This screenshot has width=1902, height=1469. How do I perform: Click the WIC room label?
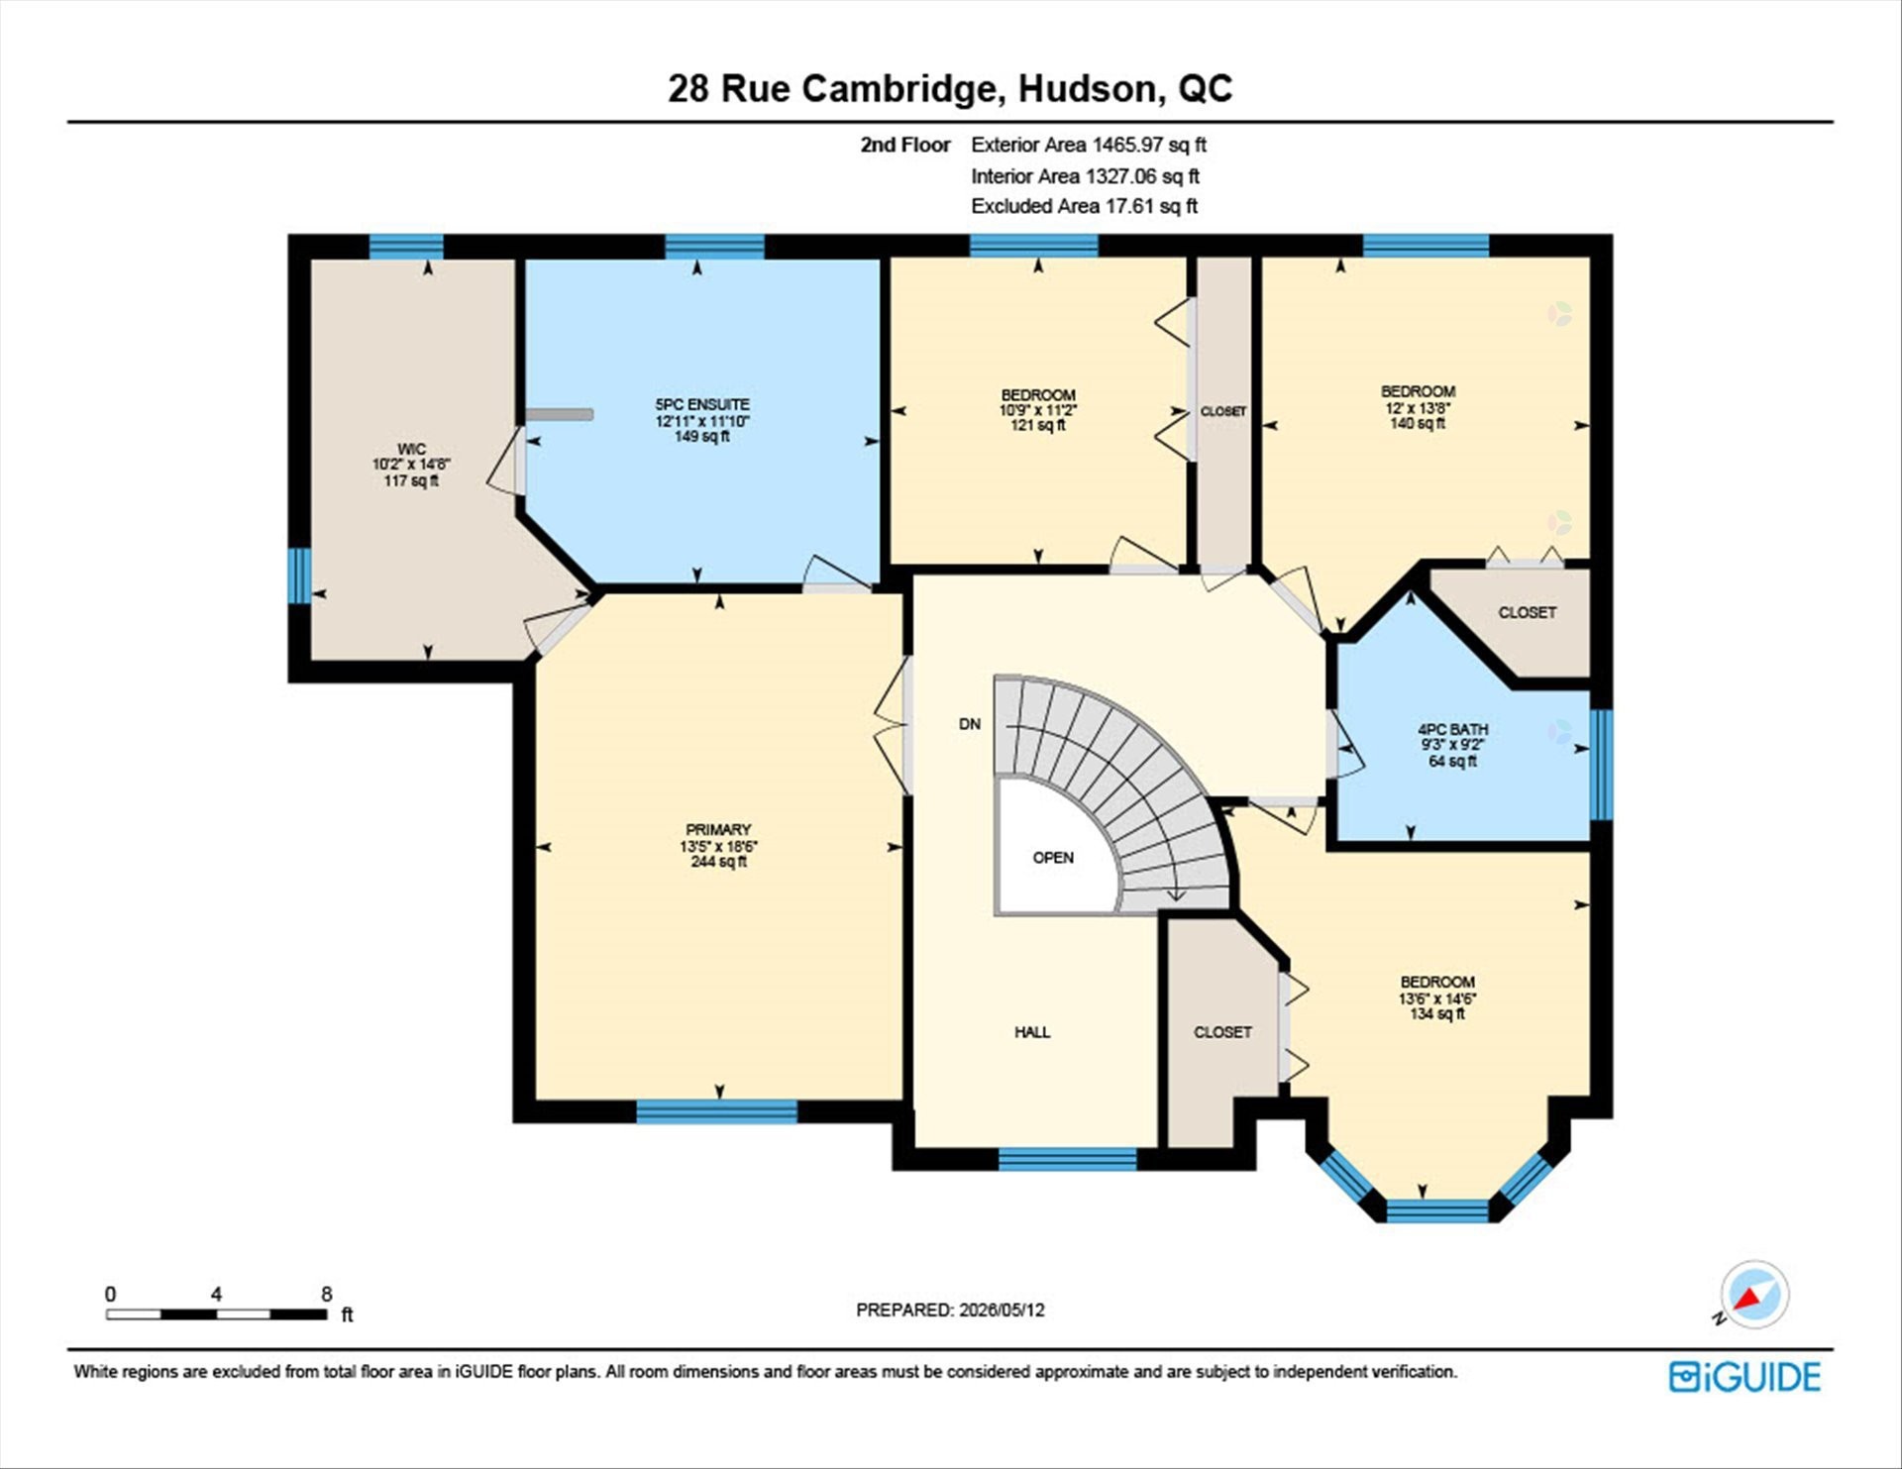411,449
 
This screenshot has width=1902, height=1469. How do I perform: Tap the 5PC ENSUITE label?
701,404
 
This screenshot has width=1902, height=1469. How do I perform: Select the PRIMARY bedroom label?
718,829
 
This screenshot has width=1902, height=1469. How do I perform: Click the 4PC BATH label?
1452,729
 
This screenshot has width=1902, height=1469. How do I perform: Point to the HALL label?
1032,1032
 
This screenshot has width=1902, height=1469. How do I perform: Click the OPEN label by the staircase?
1053,858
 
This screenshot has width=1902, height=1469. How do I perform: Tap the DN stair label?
970,724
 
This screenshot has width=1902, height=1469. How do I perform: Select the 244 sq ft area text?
718,862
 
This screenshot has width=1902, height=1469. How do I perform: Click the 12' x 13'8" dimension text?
1418,407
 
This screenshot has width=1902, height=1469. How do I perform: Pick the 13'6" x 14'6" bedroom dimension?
1437,998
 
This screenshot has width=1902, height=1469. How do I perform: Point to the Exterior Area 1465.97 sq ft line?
1089,145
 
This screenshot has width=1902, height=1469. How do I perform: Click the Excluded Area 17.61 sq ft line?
1084,206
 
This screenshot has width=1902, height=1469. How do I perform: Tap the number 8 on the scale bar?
327,1294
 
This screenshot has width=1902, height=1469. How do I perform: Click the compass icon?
1754,1294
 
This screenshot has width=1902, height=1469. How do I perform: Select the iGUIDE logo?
1744,1377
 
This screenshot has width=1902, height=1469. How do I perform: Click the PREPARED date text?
950,1310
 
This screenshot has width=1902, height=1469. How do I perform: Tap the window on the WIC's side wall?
299,576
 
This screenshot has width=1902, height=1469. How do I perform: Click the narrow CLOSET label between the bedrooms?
1223,411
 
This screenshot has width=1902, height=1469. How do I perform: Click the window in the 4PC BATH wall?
1601,765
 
